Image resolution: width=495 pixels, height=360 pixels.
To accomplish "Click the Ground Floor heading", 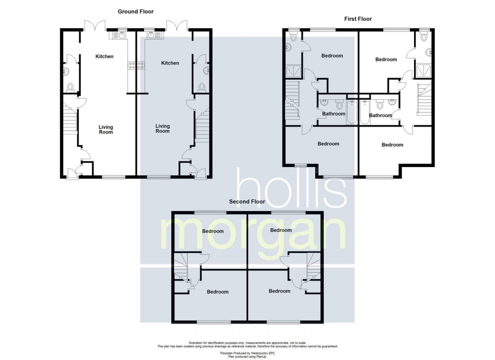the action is point(135,12).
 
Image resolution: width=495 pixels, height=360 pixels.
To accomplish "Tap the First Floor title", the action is point(358,19).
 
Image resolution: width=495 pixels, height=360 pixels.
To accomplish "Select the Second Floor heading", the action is point(247,202).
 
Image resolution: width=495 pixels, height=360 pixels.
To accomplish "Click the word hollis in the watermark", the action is point(292,188).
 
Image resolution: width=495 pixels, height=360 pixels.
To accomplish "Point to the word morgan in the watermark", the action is point(253,234).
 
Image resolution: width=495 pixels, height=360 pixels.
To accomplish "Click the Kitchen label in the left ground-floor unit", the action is point(104,57).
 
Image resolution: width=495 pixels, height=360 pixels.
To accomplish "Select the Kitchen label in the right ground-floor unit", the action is point(170,63).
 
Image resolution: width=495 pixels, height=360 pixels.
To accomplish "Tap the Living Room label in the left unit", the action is point(106,130).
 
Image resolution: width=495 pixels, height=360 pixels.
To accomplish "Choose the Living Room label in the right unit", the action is point(162,129).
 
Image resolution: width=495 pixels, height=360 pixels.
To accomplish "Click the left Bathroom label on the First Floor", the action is point(334,114).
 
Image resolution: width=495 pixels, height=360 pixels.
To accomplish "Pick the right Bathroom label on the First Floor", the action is point(380,116).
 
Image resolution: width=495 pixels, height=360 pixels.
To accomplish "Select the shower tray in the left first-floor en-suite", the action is point(293,72).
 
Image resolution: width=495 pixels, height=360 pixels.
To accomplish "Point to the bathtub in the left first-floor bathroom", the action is point(351,113).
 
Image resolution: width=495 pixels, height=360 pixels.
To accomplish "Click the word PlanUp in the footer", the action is point(261,356).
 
